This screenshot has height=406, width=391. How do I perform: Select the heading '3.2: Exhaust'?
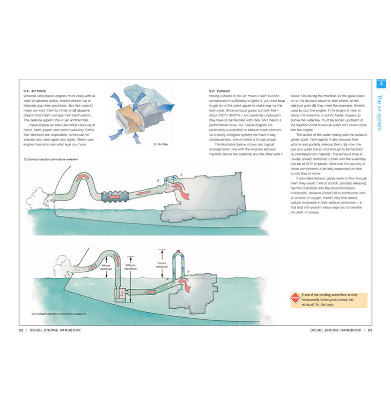(x=219, y=91)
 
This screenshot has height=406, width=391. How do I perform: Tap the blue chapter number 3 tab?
(x=381, y=83)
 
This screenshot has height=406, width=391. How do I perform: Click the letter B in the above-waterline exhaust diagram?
(x=158, y=180)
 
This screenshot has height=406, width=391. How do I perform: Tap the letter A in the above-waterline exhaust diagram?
(x=181, y=174)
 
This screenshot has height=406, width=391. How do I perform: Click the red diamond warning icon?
(x=296, y=299)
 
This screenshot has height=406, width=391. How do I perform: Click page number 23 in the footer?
(x=370, y=330)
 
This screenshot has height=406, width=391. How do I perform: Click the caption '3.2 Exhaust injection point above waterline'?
(x=50, y=160)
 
